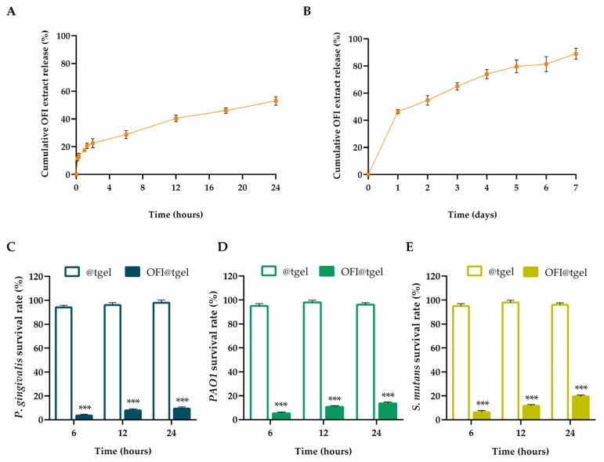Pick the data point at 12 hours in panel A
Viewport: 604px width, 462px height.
coord(176,118)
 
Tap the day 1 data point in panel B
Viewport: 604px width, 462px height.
coord(398,111)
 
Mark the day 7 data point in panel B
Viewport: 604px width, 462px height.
coord(576,53)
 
